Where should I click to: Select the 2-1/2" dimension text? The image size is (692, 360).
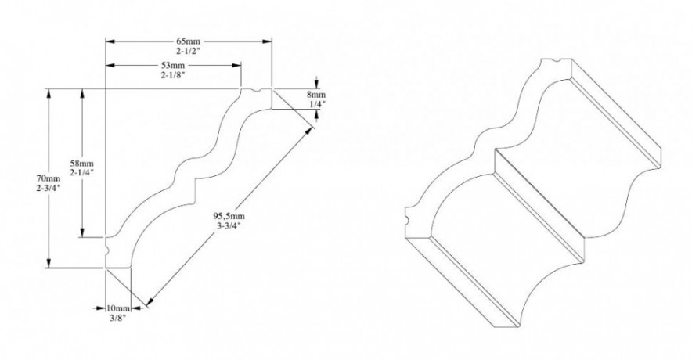[x=189, y=50]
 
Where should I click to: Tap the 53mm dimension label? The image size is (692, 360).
[x=173, y=64]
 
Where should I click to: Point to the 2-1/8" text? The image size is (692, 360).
[x=173, y=75]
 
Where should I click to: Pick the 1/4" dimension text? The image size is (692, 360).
[x=316, y=103]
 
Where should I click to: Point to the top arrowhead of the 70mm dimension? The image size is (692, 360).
[x=49, y=92]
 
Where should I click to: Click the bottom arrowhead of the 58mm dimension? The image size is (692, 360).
[x=81, y=235]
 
